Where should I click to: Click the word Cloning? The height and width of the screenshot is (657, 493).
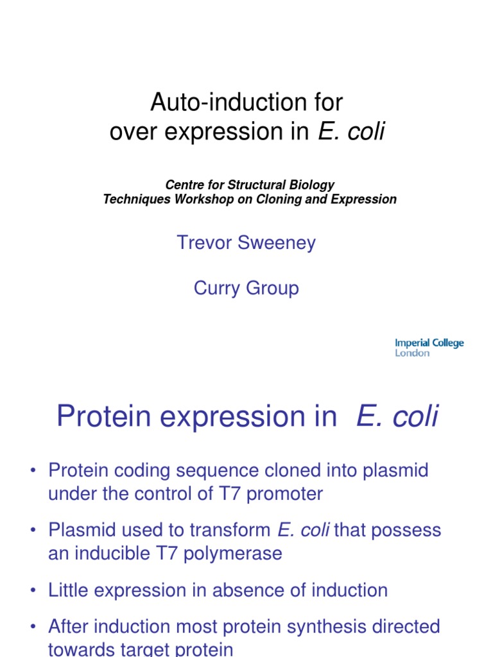292,199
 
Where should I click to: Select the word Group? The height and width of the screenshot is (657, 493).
274,288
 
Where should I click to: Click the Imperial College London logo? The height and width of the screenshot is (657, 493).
429,348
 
